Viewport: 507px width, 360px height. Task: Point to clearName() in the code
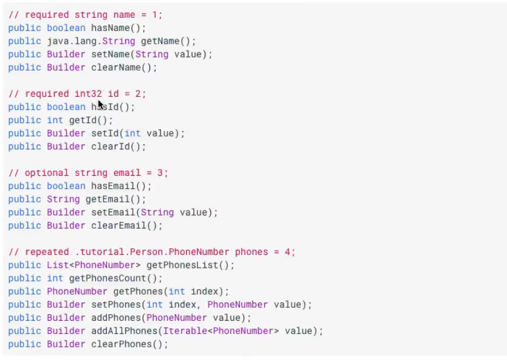pos(124,67)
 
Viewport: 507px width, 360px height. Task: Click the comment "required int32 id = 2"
pos(77,94)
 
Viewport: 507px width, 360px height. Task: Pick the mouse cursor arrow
pos(100,105)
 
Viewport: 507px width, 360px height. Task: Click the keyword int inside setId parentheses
pos(133,133)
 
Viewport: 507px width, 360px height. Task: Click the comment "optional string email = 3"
pos(89,173)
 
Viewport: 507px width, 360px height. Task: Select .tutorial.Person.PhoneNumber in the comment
pos(141,252)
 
